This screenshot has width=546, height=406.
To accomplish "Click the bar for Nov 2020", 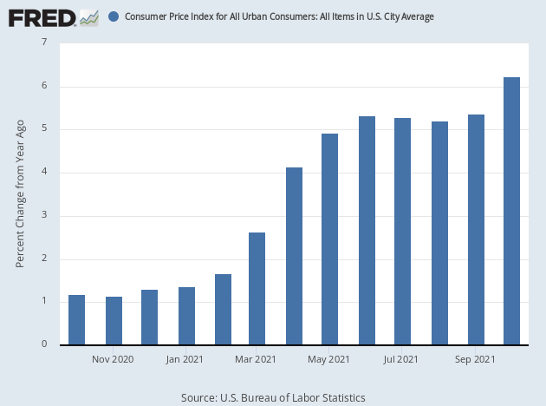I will (114, 320).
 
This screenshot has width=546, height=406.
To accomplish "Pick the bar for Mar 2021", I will (257, 288).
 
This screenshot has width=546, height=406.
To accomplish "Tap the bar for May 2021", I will (330, 239).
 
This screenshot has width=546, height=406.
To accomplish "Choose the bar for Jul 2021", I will (402, 231).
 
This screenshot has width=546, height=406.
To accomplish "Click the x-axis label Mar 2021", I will (257, 358).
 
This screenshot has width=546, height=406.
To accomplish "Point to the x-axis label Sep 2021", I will (475, 358).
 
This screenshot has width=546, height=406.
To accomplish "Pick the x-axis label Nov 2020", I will (112, 358).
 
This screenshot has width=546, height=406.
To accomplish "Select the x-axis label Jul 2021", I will (402, 358).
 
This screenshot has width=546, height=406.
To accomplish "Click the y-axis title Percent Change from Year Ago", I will (20, 194).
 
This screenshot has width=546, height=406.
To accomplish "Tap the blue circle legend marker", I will (114, 16).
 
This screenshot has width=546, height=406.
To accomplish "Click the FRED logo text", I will (40, 16).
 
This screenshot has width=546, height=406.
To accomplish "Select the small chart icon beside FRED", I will (88, 16).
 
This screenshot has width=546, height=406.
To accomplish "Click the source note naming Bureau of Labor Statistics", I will (273, 397).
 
